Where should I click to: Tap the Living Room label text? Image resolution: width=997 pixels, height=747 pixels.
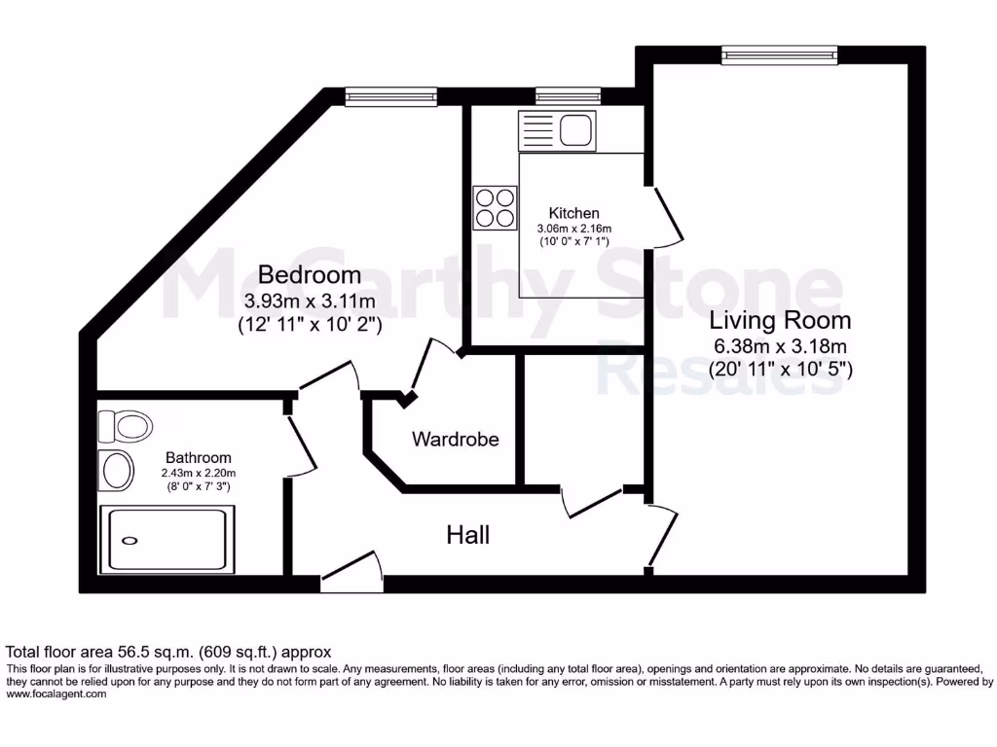coord(780,320)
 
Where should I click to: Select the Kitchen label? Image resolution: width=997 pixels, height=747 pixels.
coord(573,213)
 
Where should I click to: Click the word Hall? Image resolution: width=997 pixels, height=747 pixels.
coord(467,534)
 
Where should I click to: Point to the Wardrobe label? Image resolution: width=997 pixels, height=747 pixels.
coord(455,439)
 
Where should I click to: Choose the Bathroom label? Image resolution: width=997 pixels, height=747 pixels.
coord(198,457)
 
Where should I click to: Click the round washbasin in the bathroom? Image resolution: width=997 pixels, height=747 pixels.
coord(117,471)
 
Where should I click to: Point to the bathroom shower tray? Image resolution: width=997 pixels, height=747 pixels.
coord(167,540)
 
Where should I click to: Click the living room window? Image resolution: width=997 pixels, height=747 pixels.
coord(779,54)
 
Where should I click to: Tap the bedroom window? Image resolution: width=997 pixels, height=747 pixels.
coord(390,96)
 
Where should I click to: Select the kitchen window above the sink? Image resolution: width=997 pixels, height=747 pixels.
coord(569,96)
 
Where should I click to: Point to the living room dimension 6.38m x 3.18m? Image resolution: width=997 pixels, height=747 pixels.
coord(780,346)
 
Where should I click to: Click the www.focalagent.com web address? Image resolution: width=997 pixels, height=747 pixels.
coord(55,694)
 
